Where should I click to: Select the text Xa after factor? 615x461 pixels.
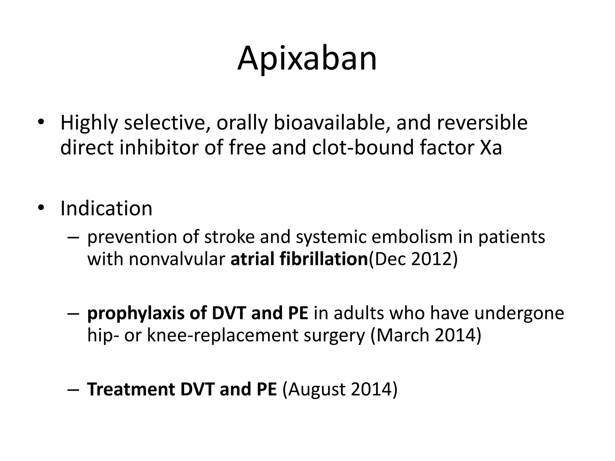tap(491, 148)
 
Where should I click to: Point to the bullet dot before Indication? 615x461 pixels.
tap(41, 208)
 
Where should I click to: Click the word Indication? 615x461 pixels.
tap(106, 208)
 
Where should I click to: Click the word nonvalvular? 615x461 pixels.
tap(177, 259)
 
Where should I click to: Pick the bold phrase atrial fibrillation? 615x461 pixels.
tap(299, 259)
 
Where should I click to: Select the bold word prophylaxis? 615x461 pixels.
tap(135, 313)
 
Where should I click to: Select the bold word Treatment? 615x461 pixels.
tap(131, 389)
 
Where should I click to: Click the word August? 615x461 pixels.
tap(316, 389)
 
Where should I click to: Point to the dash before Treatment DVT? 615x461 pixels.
tap(73, 390)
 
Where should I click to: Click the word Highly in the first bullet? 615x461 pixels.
tap(89, 123)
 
